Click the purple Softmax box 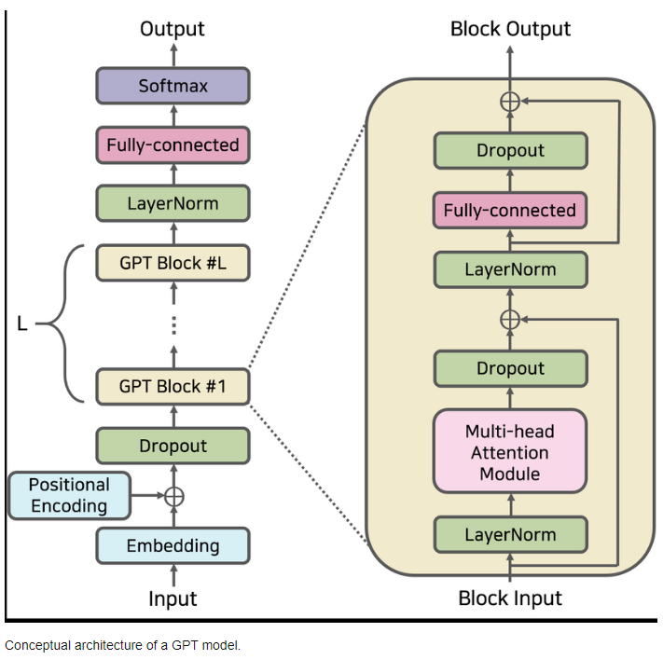click(173, 86)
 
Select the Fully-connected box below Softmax click(173, 145)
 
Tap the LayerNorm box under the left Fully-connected click(173, 203)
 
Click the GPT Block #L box click(173, 263)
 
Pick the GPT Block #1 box click(173, 386)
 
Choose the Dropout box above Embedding click(173, 446)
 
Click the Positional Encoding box click(69, 496)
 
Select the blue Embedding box click(173, 545)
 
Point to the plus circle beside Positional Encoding click(173, 497)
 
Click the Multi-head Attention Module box click(510, 452)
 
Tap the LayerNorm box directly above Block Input click(510, 535)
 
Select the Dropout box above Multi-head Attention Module click(510, 368)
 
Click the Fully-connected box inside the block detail click(510, 210)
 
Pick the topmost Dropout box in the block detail click(510, 150)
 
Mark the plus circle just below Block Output click(510, 101)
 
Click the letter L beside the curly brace click(23, 324)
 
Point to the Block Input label click(510, 598)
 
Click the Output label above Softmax click(173, 29)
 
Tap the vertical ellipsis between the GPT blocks click(173, 324)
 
